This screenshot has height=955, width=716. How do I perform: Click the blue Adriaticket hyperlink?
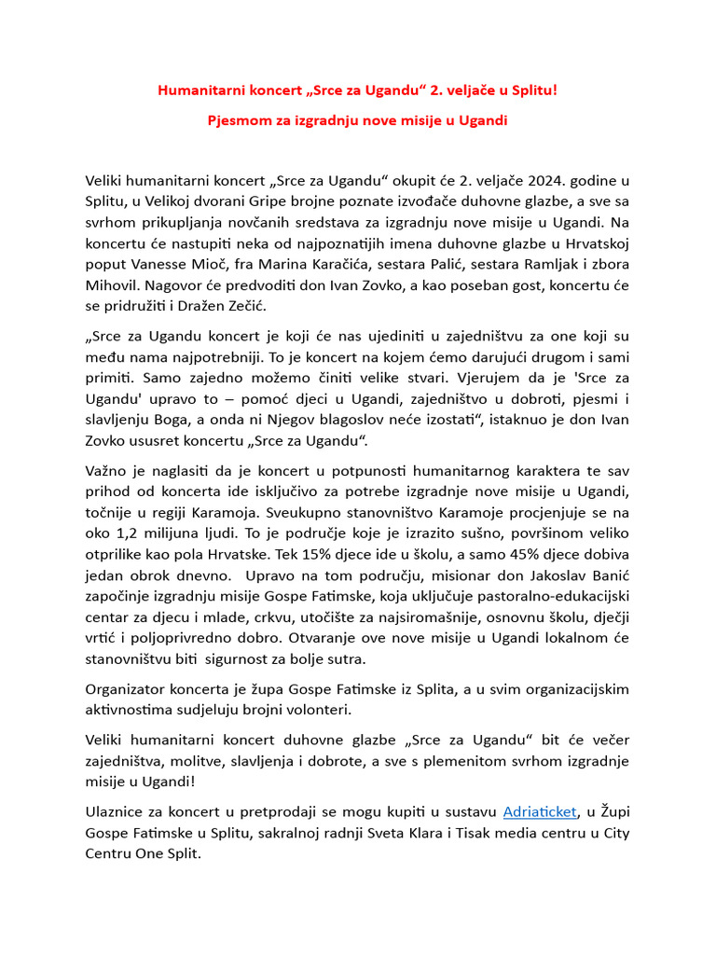[541, 811]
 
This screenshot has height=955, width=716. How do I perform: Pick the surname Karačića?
[356, 266]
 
